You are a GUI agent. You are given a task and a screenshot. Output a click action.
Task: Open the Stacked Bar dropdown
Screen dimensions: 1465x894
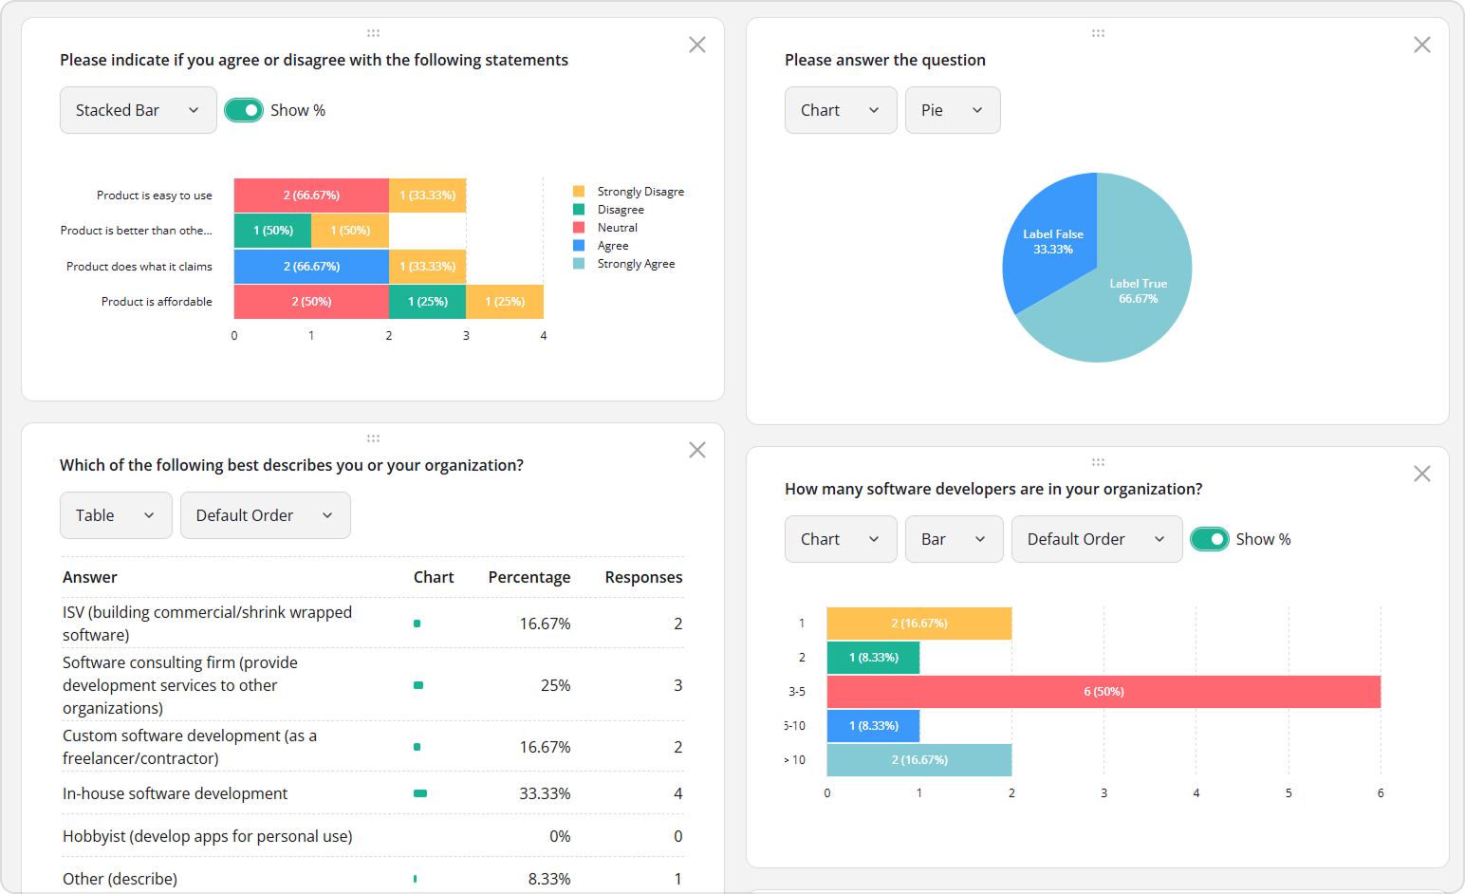(138, 110)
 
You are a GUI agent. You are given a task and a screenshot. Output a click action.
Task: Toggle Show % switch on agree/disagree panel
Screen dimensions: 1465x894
(244, 110)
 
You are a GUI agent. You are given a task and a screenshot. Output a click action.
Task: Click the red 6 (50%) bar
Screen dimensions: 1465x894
(1103, 692)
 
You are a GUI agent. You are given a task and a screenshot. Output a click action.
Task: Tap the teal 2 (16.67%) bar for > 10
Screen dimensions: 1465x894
(918, 760)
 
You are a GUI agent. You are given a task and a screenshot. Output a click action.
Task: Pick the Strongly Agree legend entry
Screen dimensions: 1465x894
(636, 264)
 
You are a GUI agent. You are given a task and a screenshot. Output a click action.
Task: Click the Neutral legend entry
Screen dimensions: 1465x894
(617, 228)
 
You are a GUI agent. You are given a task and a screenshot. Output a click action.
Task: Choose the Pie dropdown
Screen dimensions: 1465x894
(952, 110)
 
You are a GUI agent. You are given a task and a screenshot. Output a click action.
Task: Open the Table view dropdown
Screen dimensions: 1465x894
(115, 515)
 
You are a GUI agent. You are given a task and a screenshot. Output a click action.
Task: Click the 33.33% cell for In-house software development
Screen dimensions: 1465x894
(545, 793)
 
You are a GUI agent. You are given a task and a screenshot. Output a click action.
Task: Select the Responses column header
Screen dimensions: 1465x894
(643, 577)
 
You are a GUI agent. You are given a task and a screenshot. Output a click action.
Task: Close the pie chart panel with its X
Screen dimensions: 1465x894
(1421, 45)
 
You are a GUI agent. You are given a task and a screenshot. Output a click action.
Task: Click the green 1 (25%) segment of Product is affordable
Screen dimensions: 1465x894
(427, 302)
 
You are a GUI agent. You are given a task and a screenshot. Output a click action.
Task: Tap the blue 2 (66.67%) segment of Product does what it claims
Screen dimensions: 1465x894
(311, 267)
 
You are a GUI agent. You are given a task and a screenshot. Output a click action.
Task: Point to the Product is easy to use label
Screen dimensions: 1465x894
(155, 196)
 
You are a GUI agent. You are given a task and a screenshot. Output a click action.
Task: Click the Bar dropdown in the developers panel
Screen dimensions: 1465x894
(953, 539)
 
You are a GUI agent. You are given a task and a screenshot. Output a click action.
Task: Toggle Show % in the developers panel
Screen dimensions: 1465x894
(1209, 539)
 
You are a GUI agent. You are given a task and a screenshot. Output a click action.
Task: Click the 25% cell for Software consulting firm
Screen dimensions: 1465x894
(555, 685)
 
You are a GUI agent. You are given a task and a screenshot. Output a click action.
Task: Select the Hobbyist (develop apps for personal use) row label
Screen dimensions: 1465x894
(207, 836)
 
